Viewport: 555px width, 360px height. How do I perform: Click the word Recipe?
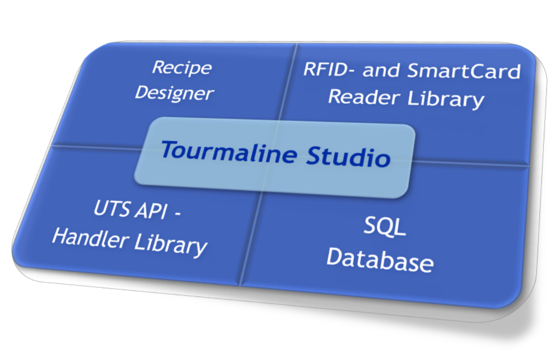coord(182,67)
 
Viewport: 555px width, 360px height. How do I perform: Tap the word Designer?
coord(174,93)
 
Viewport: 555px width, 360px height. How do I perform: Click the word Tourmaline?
coord(228,151)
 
